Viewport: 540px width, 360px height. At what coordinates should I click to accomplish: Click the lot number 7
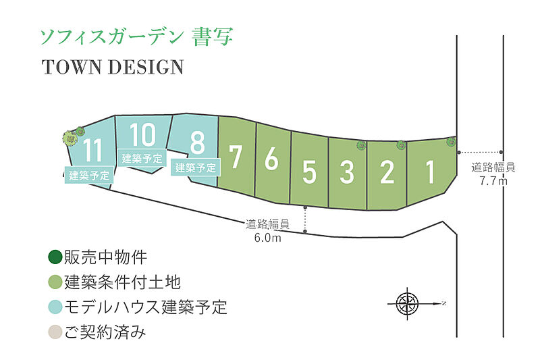point(235,157)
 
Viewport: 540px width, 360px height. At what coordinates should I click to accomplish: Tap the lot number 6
point(271,158)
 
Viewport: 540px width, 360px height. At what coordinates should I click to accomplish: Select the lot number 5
point(309,172)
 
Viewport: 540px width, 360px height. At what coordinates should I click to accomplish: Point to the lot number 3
point(347,172)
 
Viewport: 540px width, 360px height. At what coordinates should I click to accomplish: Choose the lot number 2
point(387,172)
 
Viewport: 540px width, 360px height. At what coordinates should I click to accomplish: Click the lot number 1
point(429,172)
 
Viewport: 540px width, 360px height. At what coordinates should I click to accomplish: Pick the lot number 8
point(197,143)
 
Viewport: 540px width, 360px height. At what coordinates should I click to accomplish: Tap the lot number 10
point(142,134)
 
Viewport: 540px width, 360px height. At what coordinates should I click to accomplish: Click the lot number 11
point(92,150)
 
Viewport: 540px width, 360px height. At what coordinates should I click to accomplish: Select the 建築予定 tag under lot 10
point(142,159)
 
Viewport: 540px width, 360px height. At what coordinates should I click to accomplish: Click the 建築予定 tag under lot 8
point(196,168)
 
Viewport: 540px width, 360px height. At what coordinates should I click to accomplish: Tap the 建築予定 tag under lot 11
point(89,175)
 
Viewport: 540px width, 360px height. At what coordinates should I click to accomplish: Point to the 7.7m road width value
point(493,180)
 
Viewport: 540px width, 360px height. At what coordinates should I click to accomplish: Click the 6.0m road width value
point(267,237)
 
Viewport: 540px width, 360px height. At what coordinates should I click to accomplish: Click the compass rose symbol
point(408,303)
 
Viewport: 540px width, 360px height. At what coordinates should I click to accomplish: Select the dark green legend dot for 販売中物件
point(55,257)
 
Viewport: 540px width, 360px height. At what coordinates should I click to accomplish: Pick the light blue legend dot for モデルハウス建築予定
point(55,307)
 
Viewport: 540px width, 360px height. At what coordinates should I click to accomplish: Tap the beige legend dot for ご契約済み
point(55,332)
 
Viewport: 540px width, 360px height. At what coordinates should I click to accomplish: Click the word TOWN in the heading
point(72,67)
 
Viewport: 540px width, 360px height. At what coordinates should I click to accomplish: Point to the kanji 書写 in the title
point(212,36)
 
